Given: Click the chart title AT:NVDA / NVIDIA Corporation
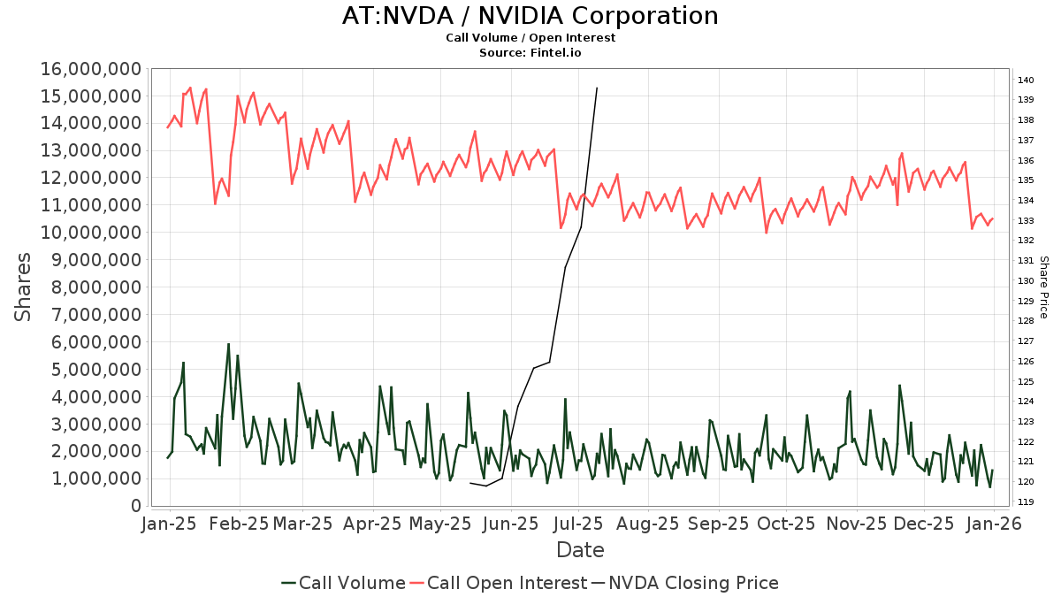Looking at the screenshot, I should pos(530,16).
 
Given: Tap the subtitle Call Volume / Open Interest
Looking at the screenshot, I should pos(530,38).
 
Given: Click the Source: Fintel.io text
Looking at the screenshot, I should pos(530,52).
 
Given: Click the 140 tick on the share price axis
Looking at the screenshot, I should pos(1026,80).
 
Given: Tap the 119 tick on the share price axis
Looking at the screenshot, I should pos(1026,501).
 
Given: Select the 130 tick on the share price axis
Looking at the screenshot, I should pos(1026,281).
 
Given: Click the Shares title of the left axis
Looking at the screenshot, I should pos(24,287).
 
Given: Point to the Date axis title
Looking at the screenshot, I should pos(580,550).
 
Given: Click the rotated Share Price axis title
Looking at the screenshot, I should pos(1043,287).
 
